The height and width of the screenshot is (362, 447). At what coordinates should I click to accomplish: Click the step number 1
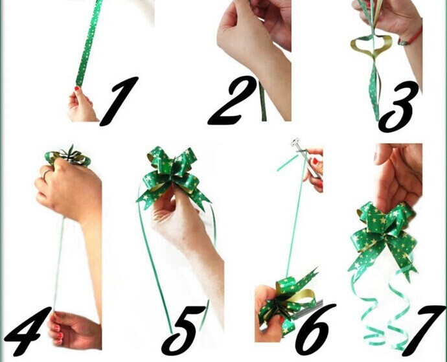120,101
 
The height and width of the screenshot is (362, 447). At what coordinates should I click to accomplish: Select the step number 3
397,107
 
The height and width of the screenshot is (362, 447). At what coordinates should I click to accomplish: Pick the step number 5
183,331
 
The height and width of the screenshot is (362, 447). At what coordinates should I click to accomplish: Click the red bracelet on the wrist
411,36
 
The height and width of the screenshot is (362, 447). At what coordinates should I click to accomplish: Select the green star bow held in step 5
172,177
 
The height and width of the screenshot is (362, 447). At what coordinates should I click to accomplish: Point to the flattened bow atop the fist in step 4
68,157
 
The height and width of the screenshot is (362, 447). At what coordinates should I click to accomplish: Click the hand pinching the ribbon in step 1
81,105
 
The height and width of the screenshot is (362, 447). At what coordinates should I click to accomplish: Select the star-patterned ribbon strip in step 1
89,43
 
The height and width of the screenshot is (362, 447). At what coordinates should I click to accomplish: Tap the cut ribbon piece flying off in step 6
288,163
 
